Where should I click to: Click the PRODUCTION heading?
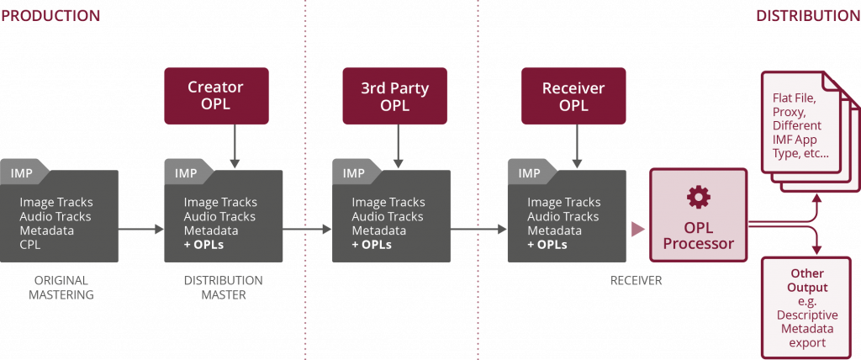[x=50, y=15]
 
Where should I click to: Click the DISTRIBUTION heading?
[x=807, y=15]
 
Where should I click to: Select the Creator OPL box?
[x=216, y=96]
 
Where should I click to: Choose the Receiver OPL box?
[x=573, y=96]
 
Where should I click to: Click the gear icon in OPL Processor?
[x=698, y=197]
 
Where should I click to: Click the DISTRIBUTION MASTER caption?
[x=223, y=288]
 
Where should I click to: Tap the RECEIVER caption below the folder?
[x=636, y=280]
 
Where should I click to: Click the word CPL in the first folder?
[x=30, y=245]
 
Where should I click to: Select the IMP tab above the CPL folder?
[x=22, y=173]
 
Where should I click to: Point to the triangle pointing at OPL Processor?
[x=639, y=229]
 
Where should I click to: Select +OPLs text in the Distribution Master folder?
[x=204, y=245]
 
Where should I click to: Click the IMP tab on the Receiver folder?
[x=529, y=173]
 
